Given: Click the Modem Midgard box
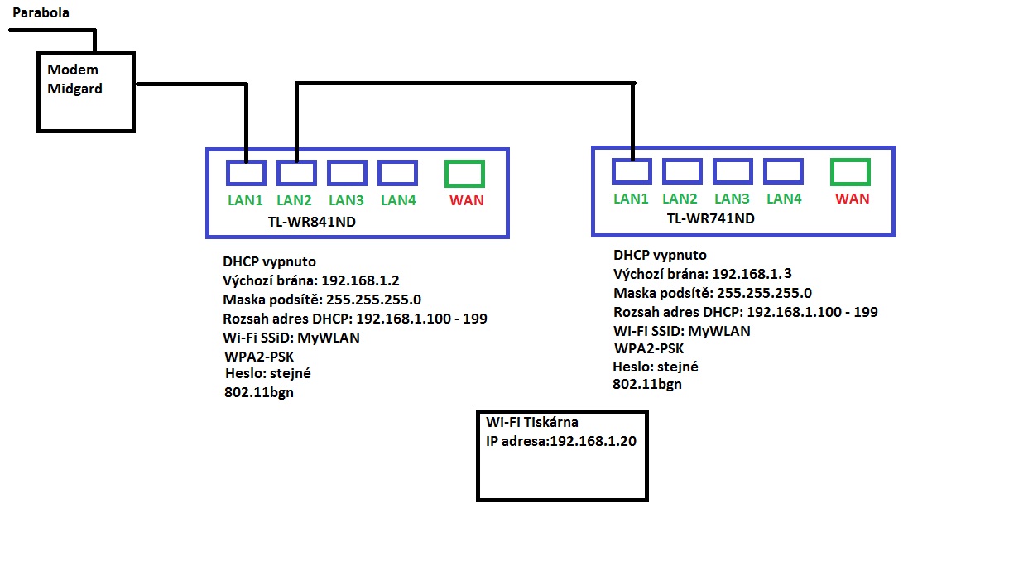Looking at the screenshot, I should pyautogui.click(x=85, y=91).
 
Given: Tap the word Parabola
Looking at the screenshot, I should pyautogui.click(x=41, y=12).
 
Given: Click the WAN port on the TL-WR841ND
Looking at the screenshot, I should pyautogui.click(x=464, y=173).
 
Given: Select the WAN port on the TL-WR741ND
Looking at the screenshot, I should pyautogui.click(x=850, y=172).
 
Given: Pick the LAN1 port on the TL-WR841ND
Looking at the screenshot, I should pyautogui.click(x=246, y=173).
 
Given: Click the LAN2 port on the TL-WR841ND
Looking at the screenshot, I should pyautogui.click(x=295, y=173).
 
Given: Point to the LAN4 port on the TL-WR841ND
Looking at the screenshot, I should pyautogui.click(x=397, y=173).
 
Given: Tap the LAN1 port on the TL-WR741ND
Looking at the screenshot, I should pyautogui.click(x=632, y=171).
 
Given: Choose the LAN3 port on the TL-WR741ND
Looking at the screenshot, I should pyautogui.click(x=733, y=171).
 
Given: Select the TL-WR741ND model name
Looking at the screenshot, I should pyautogui.click(x=710, y=218).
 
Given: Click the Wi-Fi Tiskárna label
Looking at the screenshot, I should pyautogui.click(x=532, y=423).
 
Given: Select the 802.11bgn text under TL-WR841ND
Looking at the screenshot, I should pyautogui.click(x=259, y=393).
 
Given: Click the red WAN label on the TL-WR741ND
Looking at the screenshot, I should pyautogui.click(x=853, y=199).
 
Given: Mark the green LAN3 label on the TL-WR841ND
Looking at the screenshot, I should pyautogui.click(x=346, y=200).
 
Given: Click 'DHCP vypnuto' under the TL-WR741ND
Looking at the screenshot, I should pyautogui.click(x=660, y=256).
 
